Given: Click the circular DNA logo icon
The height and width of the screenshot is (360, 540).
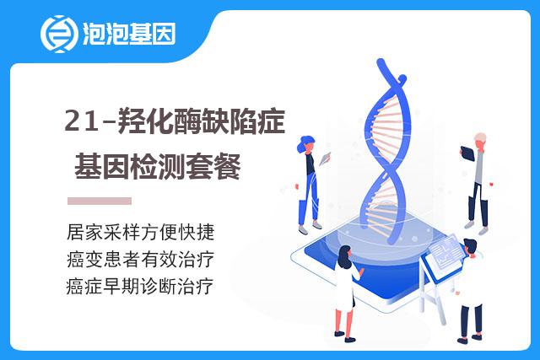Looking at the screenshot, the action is pos(58,34).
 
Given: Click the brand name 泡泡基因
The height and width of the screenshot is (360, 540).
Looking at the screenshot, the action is pos(129,34).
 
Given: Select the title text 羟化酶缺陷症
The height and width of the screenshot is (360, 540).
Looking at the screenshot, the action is pos(202,121).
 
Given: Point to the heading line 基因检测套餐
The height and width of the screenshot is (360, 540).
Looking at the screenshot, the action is pos(158,167).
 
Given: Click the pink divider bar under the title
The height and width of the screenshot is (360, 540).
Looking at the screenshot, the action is pos(100,201).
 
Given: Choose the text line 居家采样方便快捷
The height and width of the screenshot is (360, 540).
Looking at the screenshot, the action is pos(141,232).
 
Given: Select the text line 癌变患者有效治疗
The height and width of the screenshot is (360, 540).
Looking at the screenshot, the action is pos(141,259).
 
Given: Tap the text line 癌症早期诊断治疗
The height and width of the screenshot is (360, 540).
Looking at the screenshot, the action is pos(140,287).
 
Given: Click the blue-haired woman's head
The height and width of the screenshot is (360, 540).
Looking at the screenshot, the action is pos(305,144).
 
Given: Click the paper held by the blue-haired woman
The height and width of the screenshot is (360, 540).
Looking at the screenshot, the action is pos(325,159).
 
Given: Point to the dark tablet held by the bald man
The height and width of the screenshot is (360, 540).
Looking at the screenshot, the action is pos(467,153).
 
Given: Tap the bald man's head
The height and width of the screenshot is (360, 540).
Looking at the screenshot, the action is pos(480,141).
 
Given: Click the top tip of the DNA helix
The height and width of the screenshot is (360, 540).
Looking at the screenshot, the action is pos(381,62).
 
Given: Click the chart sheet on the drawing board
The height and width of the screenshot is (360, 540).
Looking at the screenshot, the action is pos(445,251).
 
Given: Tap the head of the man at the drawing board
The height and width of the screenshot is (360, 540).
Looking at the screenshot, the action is pos(471,247).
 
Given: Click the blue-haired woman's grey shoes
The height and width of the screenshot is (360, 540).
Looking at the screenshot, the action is pos(310,228).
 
